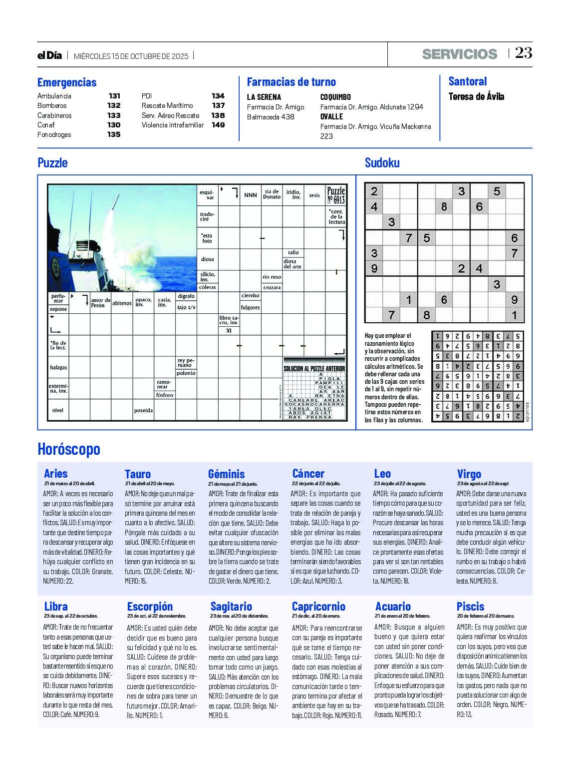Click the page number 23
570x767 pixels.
[523, 53]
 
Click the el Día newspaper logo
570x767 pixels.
[49, 55]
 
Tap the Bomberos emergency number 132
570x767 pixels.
[114, 105]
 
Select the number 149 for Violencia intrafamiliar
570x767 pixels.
[218, 125]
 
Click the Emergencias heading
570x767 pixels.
[67, 82]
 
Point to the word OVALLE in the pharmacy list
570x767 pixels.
[331, 116]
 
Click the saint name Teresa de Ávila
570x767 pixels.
[476, 96]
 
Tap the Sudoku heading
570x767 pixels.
[382, 163]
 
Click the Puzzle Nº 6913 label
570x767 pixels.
[336, 195]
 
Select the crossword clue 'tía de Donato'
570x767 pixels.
[272, 194]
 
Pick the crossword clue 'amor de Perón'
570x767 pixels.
[100, 303]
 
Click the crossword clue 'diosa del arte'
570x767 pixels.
[292, 264]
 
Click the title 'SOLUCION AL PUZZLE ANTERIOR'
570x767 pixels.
[314, 369]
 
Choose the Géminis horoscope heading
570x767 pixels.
[227, 474]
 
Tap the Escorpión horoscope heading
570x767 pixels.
[150, 607]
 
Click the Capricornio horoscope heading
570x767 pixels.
[318, 607]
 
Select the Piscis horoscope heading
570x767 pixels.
[470, 607]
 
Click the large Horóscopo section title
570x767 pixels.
[69, 449]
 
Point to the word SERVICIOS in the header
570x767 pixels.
[459, 54]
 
